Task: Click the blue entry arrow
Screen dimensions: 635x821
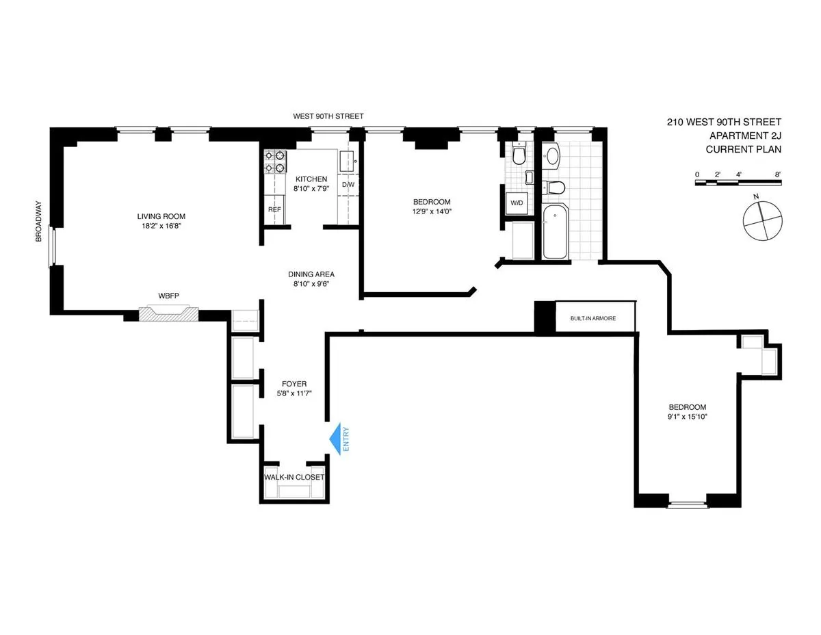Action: coord(337,439)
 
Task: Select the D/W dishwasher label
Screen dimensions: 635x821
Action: coord(348,185)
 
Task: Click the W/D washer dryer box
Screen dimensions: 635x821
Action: coord(516,202)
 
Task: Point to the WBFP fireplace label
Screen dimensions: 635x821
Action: coord(168,296)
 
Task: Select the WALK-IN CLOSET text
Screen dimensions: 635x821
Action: coord(294,477)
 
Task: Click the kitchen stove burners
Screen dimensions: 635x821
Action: coord(274,161)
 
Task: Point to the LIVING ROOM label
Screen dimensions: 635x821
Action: coord(161,216)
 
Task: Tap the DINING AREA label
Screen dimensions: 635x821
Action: coord(311,274)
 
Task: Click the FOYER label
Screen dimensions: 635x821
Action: coord(294,384)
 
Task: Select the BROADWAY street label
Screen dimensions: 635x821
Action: coord(39,220)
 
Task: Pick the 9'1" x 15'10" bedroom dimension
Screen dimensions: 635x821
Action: coord(688,416)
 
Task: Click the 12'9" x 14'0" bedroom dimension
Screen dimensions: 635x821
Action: coord(432,211)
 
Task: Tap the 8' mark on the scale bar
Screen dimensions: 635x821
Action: coord(779,174)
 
